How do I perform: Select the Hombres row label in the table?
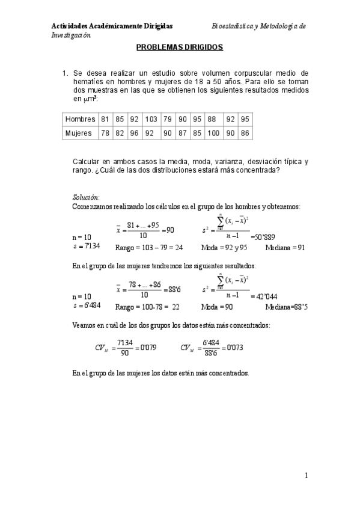tap(80, 119)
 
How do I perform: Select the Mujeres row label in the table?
tap(79, 134)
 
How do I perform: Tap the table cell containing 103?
tap(151, 119)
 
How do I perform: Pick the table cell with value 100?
tap(213, 134)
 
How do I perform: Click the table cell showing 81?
tap(105, 119)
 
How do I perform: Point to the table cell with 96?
tap(134, 134)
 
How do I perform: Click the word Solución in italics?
tap(86, 197)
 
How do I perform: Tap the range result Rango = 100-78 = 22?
tap(147, 306)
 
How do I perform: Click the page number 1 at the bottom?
tap(306, 476)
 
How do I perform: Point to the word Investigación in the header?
tap(71, 35)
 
